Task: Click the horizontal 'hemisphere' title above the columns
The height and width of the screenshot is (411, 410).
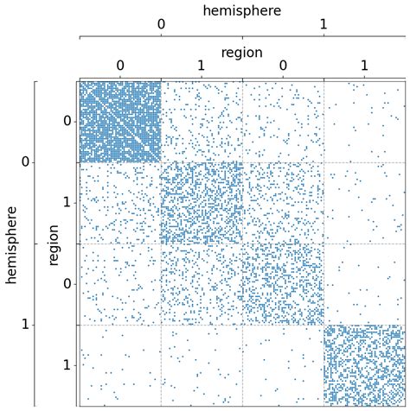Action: pyautogui.click(x=242, y=10)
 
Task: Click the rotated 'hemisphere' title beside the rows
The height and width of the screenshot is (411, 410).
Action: pyautogui.click(x=11, y=243)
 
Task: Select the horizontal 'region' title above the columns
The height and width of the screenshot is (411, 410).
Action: pyautogui.click(x=242, y=52)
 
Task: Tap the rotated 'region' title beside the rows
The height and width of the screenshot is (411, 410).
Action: pyautogui.click(x=54, y=243)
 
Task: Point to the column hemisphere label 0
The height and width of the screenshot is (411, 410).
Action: pyautogui.click(x=161, y=24)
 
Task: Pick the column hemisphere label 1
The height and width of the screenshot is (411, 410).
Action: pyautogui.click(x=324, y=24)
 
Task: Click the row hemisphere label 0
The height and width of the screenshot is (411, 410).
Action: pyautogui.click(x=25, y=161)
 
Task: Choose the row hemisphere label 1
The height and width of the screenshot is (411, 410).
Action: pyautogui.click(x=25, y=324)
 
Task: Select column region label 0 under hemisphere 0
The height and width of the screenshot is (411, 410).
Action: pyautogui.click(x=120, y=66)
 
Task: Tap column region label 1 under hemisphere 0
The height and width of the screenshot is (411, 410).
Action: pyautogui.click(x=202, y=66)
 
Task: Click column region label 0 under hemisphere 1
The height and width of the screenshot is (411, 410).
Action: pyautogui.click(x=283, y=66)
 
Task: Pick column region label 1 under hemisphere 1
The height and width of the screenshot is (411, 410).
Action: pyautogui.click(x=364, y=66)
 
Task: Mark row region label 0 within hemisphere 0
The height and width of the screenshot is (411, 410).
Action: pyautogui.click(x=67, y=121)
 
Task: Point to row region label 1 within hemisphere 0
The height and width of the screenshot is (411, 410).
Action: pyautogui.click(x=67, y=202)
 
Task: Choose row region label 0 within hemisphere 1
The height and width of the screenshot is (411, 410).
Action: pyautogui.click(x=67, y=283)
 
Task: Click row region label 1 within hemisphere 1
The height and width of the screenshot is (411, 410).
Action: pyautogui.click(x=67, y=364)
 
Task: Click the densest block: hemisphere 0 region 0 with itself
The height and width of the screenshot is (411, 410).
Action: pyautogui.click(x=120, y=121)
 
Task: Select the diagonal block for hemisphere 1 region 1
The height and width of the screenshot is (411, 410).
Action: pyautogui.click(x=364, y=364)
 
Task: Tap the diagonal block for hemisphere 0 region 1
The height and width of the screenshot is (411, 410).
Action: pyautogui.click(x=202, y=202)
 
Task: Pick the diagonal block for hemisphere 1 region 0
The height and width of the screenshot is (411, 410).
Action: pyautogui.click(x=283, y=283)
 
